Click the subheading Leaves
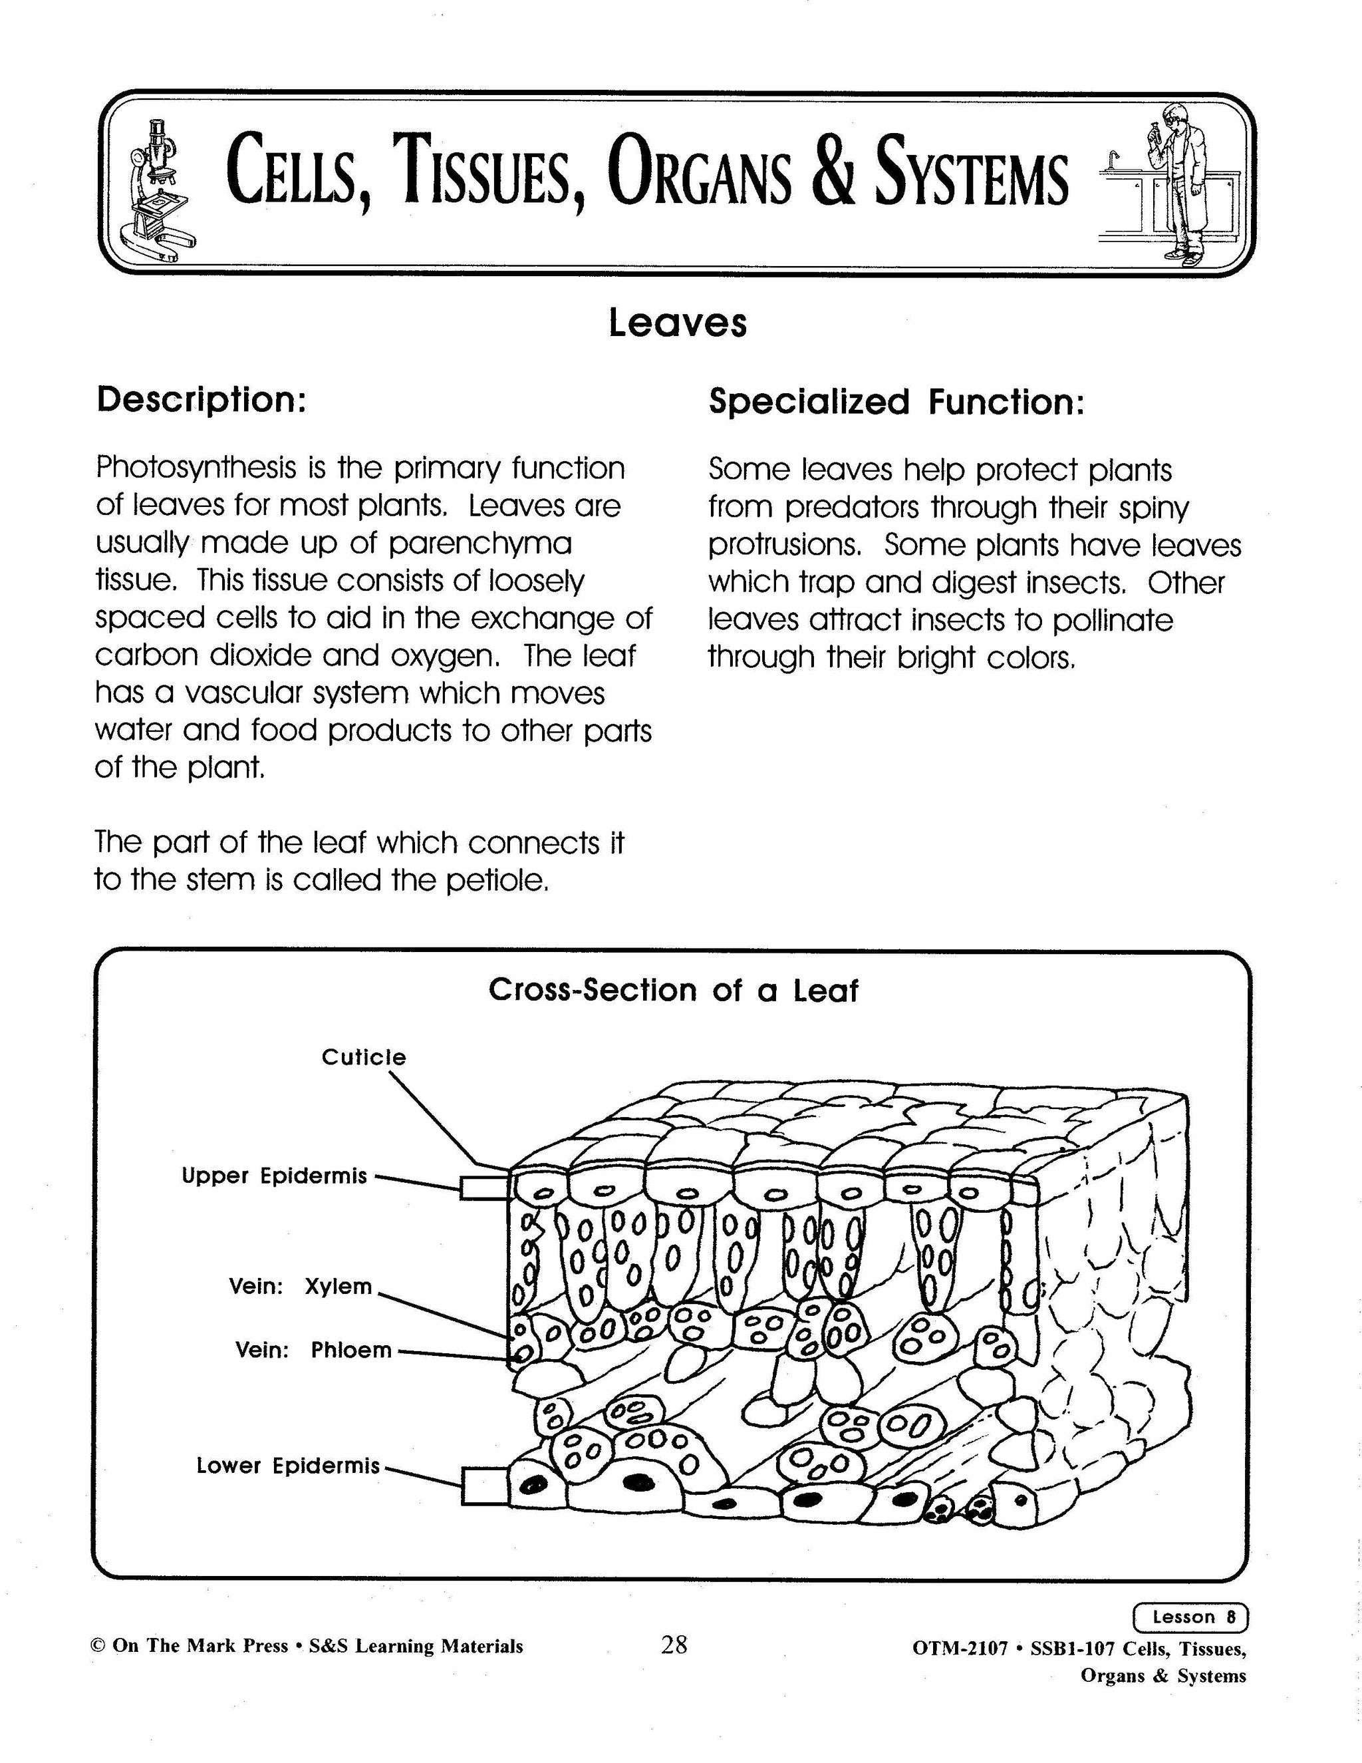tap(677, 323)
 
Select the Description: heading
tap(201, 400)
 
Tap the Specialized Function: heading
tap(896, 401)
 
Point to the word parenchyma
tap(479, 544)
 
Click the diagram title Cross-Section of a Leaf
tap(673, 991)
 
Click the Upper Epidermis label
tap(273, 1176)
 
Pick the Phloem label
tap(351, 1351)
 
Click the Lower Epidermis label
tap(287, 1466)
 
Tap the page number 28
tap(674, 1645)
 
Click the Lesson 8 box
tap(1190, 1617)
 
